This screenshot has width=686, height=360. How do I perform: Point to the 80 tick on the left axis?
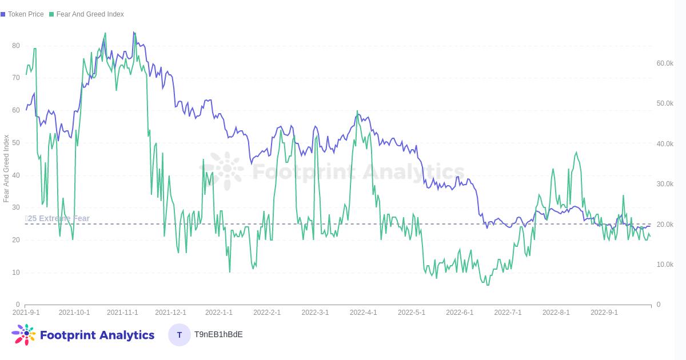(x=16, y=46)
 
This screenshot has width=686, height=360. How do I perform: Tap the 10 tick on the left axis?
(x=16, y=273)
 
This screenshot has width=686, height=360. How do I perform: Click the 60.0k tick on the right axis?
(x=665, y=63)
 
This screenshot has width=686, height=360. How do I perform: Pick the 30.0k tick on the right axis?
(x=665, y=184)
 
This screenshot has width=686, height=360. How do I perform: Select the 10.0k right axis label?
(x=665, y=265)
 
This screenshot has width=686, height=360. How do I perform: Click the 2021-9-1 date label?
(x=26, y=313)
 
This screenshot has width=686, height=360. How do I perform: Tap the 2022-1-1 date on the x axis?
(x=219, y=313)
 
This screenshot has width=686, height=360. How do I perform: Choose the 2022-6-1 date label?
(x=460, y=313)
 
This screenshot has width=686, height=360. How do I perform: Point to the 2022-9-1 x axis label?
(x=604, y=313)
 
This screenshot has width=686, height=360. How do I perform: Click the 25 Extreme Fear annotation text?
(x=58, y=218)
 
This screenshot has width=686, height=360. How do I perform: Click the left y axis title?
(x=6, y=169)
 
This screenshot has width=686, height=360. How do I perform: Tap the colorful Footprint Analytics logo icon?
(x=24, y=335)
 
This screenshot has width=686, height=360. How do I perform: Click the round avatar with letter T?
(x=180, y=335)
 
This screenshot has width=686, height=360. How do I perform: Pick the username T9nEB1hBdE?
(x=218, y=334)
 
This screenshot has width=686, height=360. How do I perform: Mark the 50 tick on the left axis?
(x=16, y=143)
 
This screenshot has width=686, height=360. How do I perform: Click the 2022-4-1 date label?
(x=364, y=313)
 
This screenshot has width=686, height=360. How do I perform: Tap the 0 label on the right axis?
(x=659, y=305)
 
